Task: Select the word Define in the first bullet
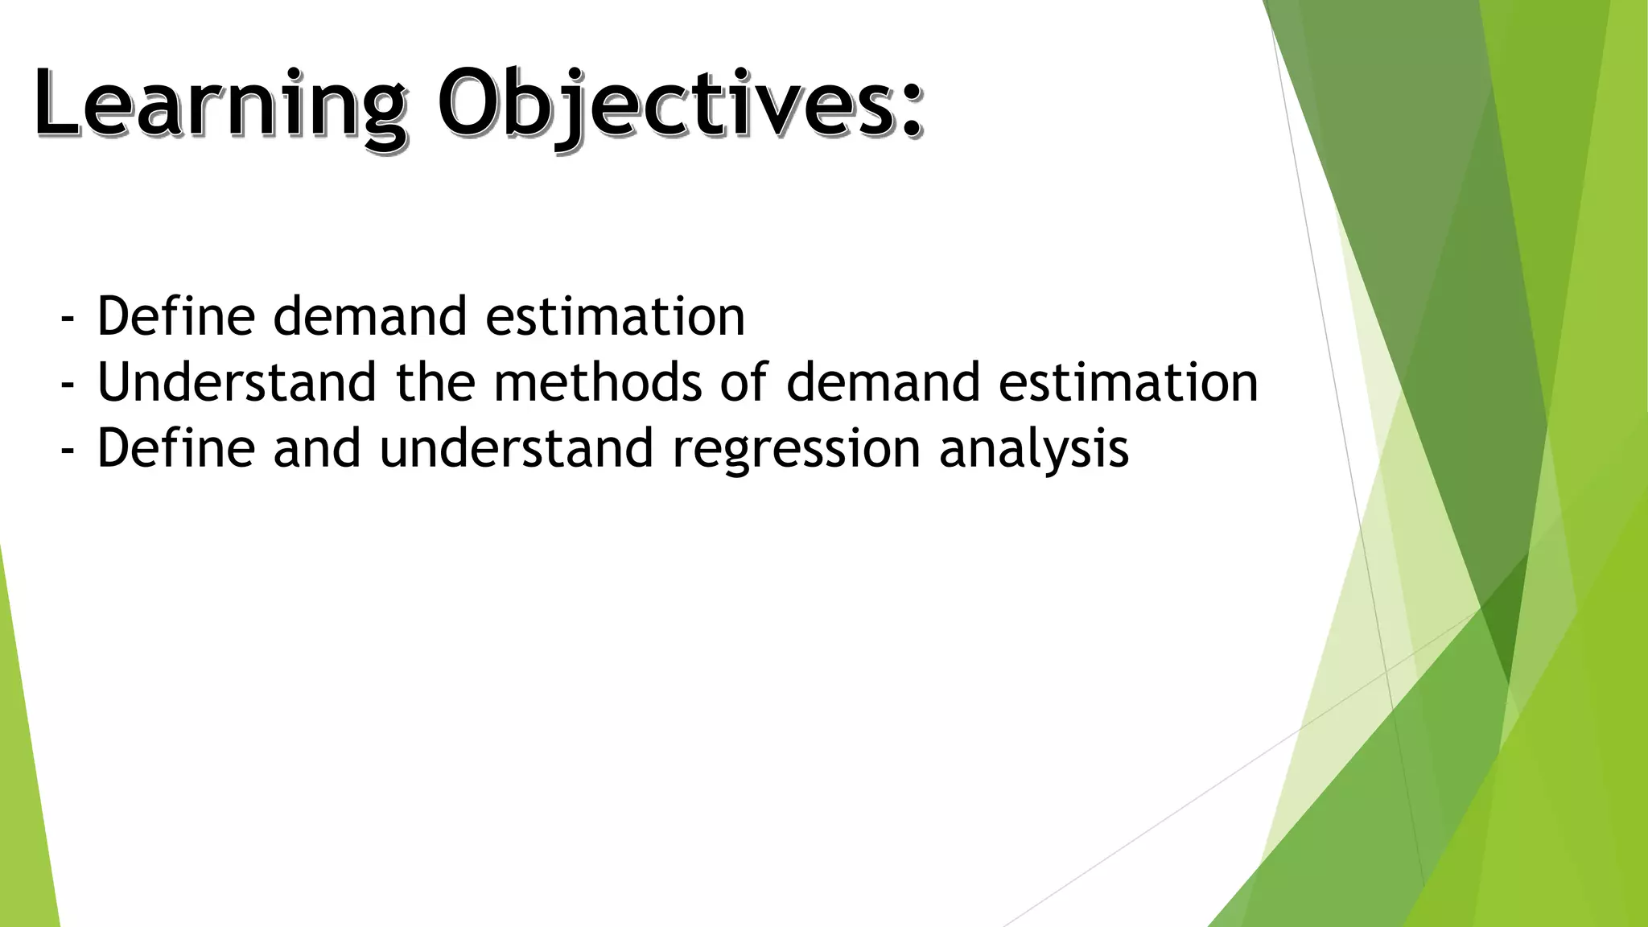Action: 175,316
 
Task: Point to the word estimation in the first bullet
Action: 615,316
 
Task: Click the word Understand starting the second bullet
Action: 236,382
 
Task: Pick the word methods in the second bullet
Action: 598,382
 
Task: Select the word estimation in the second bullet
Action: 1128,382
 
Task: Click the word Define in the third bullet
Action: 175,448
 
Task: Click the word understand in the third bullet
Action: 516,448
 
